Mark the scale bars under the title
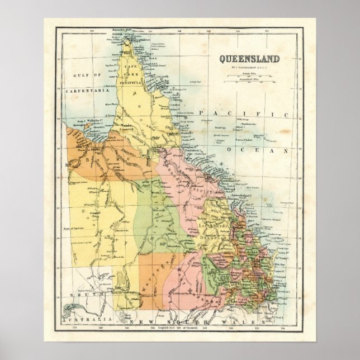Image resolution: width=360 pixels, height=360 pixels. tap(246, 77)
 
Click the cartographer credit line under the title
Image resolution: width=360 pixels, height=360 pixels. tap(246, 67)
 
